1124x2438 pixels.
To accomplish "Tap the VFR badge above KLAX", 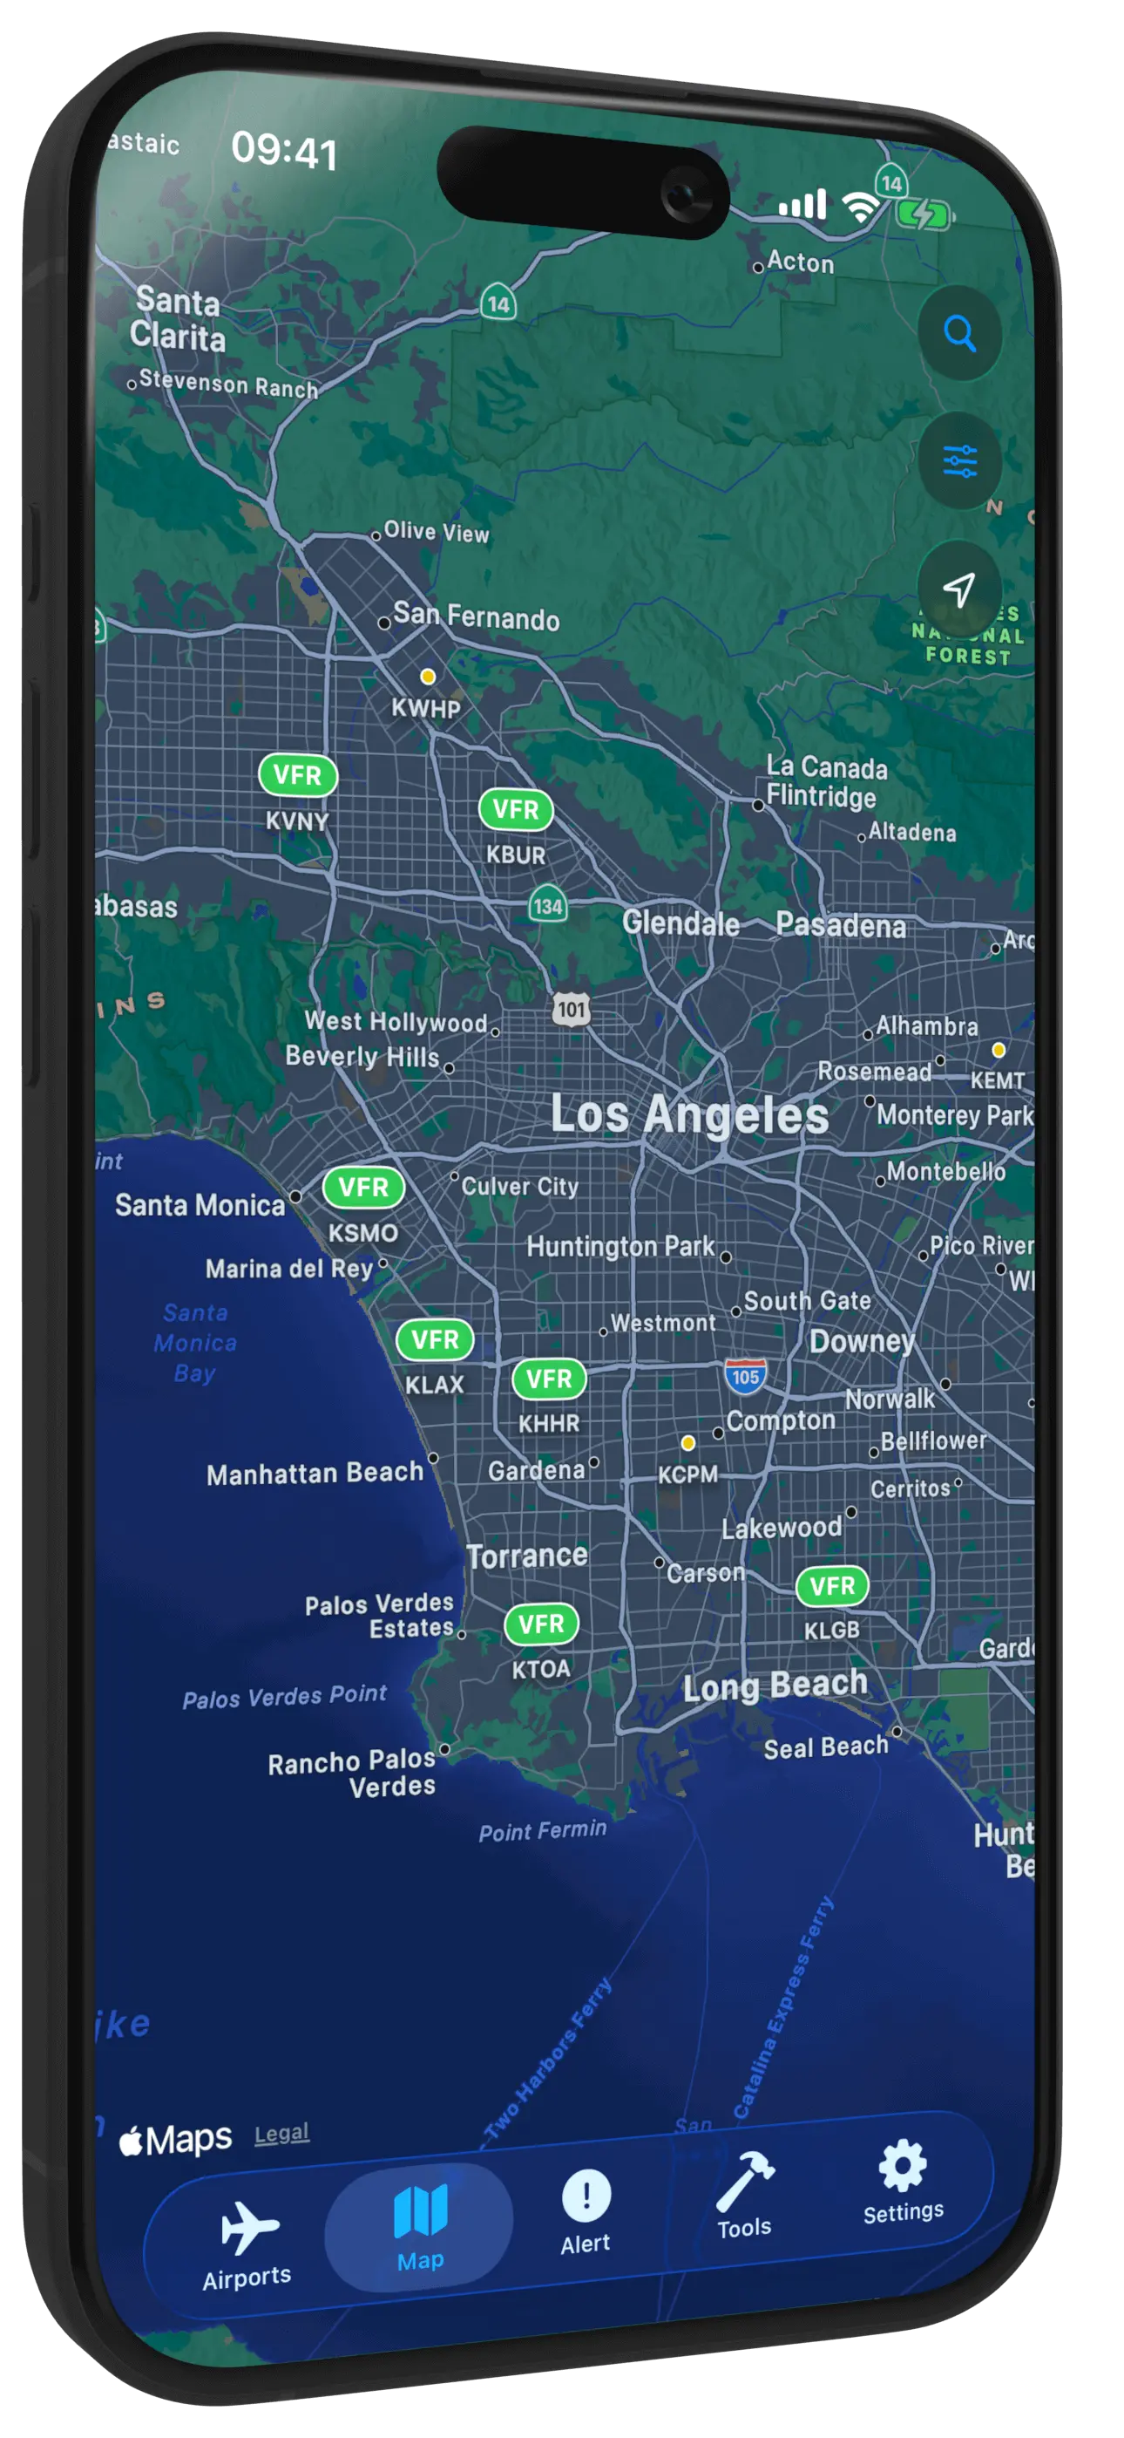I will tap(434, 1339).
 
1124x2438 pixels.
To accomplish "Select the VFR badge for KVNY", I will tap(297, 775).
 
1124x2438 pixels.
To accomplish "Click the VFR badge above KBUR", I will tap(516, 809).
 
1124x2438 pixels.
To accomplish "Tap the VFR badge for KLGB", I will tap(831, 1586).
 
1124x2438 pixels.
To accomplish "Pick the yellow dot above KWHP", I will tap(428, 677).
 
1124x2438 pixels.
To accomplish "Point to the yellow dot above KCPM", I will tap(687, 1443).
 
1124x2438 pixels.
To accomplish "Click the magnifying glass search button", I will tap(959, 333).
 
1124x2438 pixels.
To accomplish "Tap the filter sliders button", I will tap(959, 462).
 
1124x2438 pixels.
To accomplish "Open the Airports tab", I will tap(247, 2241).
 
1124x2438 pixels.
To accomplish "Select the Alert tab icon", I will tap(586, 2196).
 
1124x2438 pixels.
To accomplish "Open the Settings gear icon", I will tap(903, 2165).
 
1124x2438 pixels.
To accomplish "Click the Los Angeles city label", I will tap(690, 1114).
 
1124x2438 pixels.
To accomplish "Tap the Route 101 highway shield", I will tap(572, 1010).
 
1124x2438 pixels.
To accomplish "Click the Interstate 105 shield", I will tap(746, 1376).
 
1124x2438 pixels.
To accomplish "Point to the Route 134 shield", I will tap(548, 906).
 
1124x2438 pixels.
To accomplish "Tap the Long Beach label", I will tap(775, 1685).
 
